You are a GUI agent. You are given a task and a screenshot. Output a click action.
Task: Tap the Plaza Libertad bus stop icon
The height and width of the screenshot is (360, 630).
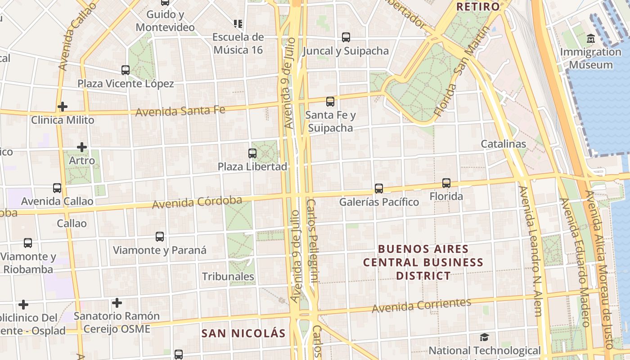pyautogui.click(x=252, y=153)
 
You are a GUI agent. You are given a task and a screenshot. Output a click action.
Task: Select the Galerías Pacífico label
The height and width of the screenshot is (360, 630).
pyautogui.click(x=379, y=202)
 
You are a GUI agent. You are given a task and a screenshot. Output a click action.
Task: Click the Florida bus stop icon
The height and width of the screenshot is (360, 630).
pyautogui.click(x=446, y=183)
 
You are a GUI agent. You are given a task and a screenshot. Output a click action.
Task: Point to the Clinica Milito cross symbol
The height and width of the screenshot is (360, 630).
pyautogui.click(x=63, y=107)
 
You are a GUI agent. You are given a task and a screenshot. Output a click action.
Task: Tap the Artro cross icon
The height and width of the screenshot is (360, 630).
pyautogui.click(x=81, y=147)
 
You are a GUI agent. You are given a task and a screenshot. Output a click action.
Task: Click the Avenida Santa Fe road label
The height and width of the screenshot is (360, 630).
pyautogui.click(x=180, y=110)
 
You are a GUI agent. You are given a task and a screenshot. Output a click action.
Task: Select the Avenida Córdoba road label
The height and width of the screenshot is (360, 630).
pyautogui.click(x=197, y=202)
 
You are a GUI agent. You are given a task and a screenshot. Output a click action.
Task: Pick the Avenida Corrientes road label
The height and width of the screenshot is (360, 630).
pyautogui.click(x=421, y=306)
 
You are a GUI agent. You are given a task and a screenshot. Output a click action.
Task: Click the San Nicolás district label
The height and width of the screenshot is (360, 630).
pyautogui.click(x=243, y=333)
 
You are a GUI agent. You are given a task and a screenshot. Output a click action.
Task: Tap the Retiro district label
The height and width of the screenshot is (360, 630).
pyautogui.click(x=478, y=7)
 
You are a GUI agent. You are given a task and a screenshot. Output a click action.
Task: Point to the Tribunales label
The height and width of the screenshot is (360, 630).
pyautogui.click(x=228, y=276)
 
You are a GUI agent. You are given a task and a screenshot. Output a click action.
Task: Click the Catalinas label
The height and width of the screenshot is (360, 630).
pyautogui.click(x=503, y=144)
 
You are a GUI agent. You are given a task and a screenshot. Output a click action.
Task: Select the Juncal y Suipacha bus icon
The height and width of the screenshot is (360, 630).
pyautogui.click(x=346, y=37)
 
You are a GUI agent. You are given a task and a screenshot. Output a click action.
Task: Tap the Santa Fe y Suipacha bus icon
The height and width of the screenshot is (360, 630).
pyautogui.click(x=330, y=102)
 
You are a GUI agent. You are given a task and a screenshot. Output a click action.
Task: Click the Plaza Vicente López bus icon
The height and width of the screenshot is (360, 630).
pyautogui.click(x=126, y=70)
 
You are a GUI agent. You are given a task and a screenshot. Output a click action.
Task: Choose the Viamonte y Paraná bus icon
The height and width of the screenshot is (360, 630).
pyautogui.click(x=160, y=237)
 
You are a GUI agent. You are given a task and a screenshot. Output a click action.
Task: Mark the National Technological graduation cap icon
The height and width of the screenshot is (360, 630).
pyautogui.click(x=484, y=337)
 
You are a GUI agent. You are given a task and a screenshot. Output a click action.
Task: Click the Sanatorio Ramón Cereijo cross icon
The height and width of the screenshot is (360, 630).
pyautogui.click(x=117, y=303)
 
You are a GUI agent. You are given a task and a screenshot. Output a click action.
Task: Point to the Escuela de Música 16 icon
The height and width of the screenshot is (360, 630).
pyautogui.click(x=238, y=23)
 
